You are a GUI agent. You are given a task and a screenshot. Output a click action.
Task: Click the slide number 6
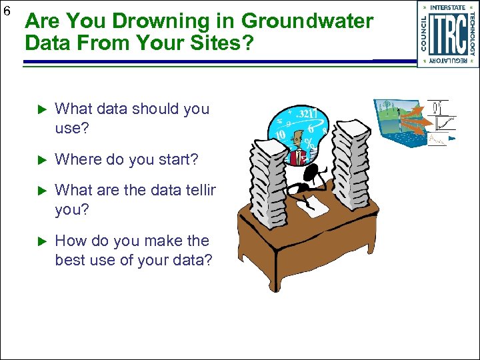7,11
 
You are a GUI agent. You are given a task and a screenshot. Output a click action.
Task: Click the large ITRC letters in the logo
448,34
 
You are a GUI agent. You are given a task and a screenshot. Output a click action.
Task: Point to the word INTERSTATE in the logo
448,8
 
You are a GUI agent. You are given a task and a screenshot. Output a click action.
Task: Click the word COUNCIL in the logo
424,34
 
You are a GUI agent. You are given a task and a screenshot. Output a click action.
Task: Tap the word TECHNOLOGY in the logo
473,34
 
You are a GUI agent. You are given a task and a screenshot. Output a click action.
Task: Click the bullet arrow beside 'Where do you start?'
38,160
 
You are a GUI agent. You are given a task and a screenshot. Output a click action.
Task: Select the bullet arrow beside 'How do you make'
38,241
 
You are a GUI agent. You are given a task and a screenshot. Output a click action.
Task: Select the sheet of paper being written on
313,207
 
